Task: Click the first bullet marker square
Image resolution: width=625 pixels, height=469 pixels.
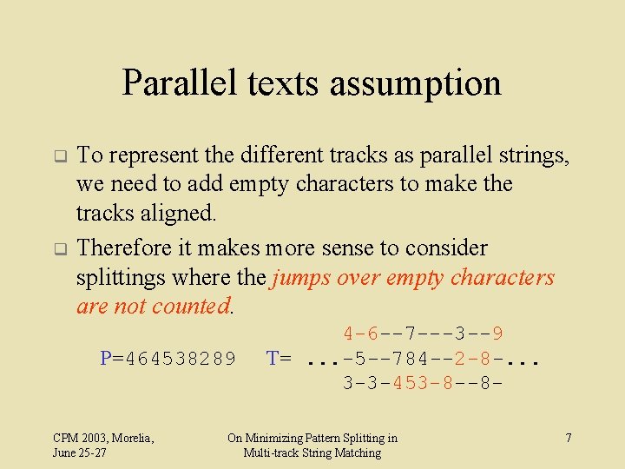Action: (x=60, y=157)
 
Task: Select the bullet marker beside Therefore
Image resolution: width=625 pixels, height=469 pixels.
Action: (x=60, y=249)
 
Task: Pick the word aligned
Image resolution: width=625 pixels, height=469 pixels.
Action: (x=185, y=214)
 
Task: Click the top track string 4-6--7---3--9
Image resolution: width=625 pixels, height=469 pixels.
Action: (x=424, y=334)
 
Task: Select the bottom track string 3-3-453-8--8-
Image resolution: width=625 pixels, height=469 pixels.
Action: (x=424, y=383)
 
